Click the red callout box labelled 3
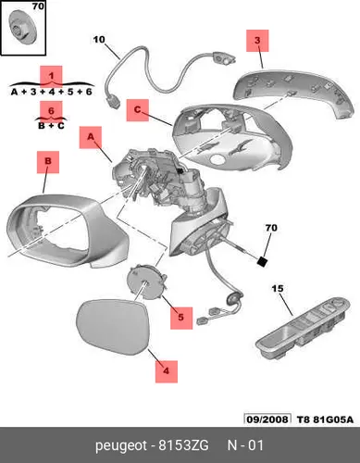coord(257,41)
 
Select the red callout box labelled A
coord(91,137)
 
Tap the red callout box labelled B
coord(48,162)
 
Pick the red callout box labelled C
coord(138,110)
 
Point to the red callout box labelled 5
coord(181,318)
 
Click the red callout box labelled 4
coord(167,371)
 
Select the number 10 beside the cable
coord(99,40)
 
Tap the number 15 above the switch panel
coord(278,289)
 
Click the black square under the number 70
coord(263,262)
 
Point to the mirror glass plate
coord(113,327)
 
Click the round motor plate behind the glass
coord(146,282)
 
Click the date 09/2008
coord(267,419)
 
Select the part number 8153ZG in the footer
coord(183,445)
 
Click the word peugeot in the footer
coord(121,446)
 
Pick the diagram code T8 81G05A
coord(325,419)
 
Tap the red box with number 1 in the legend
coord(51,76)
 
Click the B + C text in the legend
coord(51,126)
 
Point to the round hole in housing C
coord(218,159)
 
